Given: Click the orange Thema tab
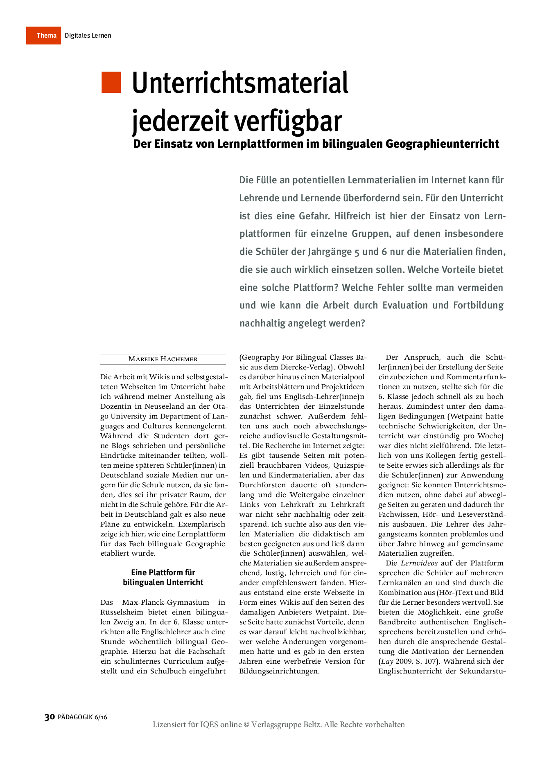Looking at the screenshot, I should [44, 36].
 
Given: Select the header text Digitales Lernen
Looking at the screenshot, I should [88, 36].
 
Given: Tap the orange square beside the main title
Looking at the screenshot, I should [111, 82].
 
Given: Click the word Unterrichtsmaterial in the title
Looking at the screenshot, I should [240, 83].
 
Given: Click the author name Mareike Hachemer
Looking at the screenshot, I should [163, 359].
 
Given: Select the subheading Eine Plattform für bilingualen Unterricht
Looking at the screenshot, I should [163, 577].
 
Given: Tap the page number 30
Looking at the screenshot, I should [50, 717].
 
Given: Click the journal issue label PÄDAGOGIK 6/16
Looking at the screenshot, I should [82, 717].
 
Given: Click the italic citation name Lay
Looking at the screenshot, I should [387, 661].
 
